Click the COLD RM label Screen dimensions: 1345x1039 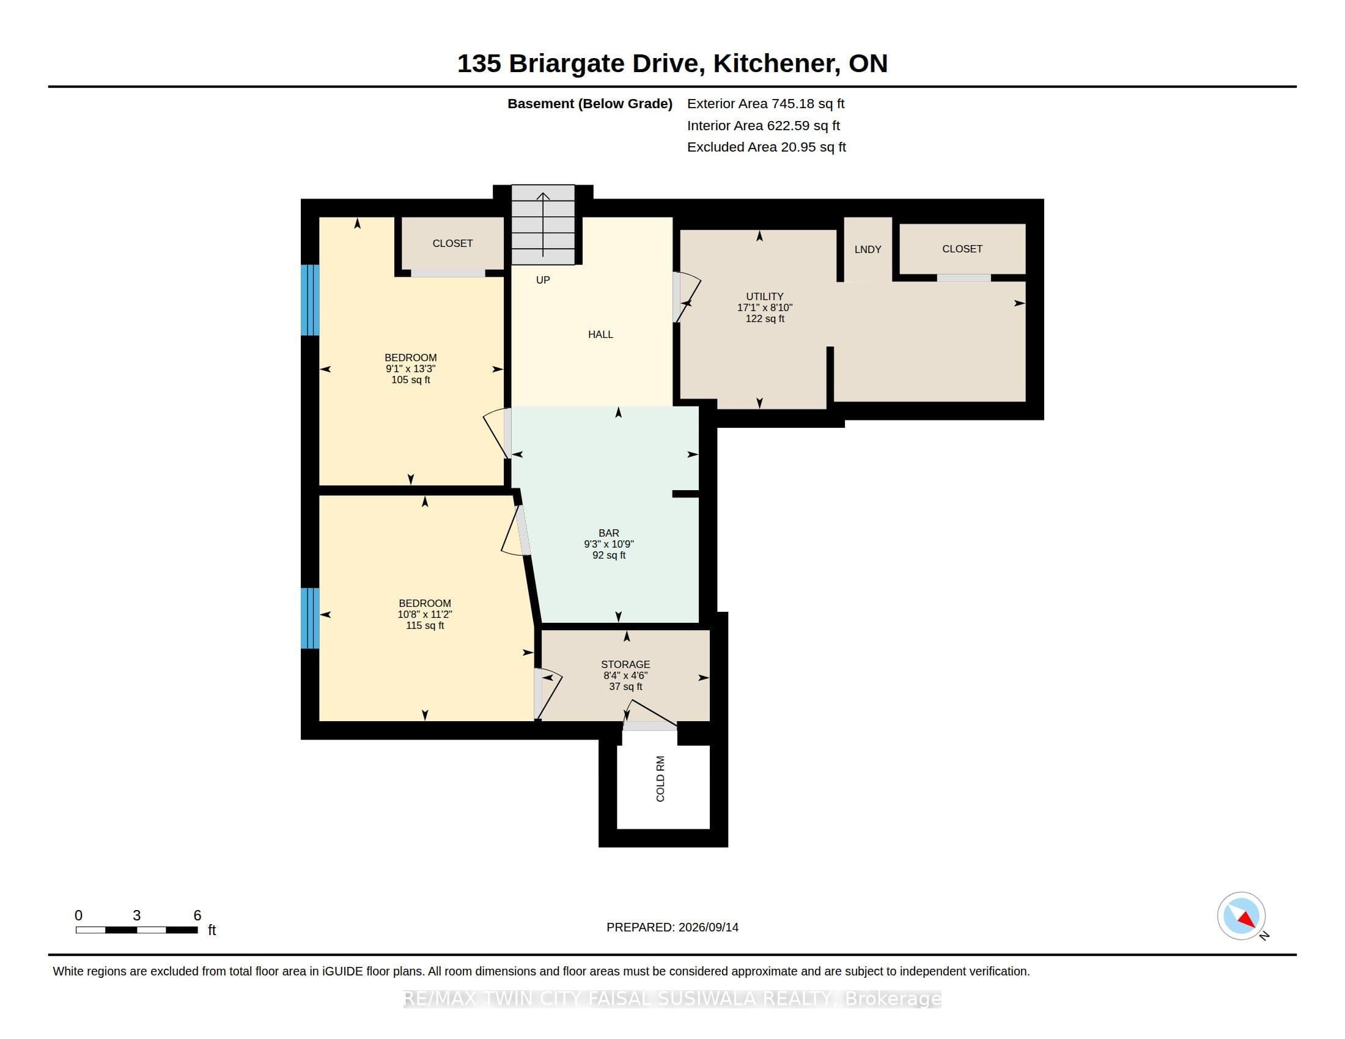tap(660, 779)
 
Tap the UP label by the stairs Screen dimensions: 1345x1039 tap(542, 280)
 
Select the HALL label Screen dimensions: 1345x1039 tap(600, 334)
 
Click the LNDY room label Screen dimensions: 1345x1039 tap(868, 249)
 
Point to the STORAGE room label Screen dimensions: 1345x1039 tap(625, 664)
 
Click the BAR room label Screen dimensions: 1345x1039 tap(609, 533)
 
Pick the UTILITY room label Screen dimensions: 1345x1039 tap(765, 296)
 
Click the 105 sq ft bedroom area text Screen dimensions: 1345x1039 tap(411, 380)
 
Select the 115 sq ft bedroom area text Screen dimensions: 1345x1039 tap(425, 625)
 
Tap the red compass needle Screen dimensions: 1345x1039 tap(1247, 920)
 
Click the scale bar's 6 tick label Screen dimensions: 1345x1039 tap(197, 916)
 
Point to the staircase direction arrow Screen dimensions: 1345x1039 tap(542, 225)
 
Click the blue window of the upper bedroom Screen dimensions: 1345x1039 tap(310, 299)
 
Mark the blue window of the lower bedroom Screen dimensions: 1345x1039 tap(310, 618)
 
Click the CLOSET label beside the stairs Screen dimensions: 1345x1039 tap(452, 244)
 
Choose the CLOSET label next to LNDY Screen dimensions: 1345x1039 tap(962, 249)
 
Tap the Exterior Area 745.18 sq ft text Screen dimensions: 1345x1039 tap(765, 103)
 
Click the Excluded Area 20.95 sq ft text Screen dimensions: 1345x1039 tap(766, 147)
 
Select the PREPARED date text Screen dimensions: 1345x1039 tap(672, 927)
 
